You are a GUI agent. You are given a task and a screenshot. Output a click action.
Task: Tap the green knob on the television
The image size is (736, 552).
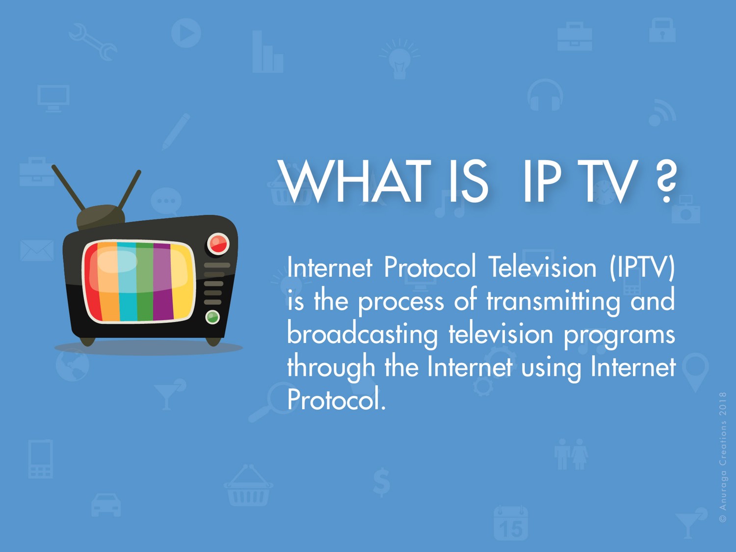click(x=212, y=317)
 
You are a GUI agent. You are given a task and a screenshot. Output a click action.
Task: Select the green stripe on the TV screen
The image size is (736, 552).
click(x=145, y=282)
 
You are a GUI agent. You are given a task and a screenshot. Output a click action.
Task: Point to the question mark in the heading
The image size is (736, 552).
click(x=666, y=182)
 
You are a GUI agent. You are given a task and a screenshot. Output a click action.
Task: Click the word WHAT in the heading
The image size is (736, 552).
click(x=352, y=182)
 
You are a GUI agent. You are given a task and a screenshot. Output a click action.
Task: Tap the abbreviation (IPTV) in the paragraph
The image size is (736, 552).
click(x=642, y=267)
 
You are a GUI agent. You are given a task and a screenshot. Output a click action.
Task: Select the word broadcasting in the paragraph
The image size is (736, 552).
click(x=362, y=335)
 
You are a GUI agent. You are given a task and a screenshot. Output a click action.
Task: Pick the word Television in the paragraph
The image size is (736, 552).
click(x=542, y=267)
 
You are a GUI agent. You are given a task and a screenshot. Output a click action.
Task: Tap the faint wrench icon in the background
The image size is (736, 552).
click(x=93, y=42)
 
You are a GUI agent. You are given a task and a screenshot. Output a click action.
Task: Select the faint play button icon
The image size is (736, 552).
click(x=186, y=33)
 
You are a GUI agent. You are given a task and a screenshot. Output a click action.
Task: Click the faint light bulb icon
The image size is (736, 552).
click(x=399, y=59)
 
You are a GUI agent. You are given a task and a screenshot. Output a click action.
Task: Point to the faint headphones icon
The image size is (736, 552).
click(x=545, y=95)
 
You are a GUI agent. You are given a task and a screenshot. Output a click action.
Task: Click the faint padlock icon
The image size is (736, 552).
click(x=662, y=30)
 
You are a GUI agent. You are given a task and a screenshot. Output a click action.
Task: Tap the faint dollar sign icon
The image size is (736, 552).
click(x=381, y=482)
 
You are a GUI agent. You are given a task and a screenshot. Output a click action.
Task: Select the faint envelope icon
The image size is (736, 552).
click(x=37, y=250)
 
